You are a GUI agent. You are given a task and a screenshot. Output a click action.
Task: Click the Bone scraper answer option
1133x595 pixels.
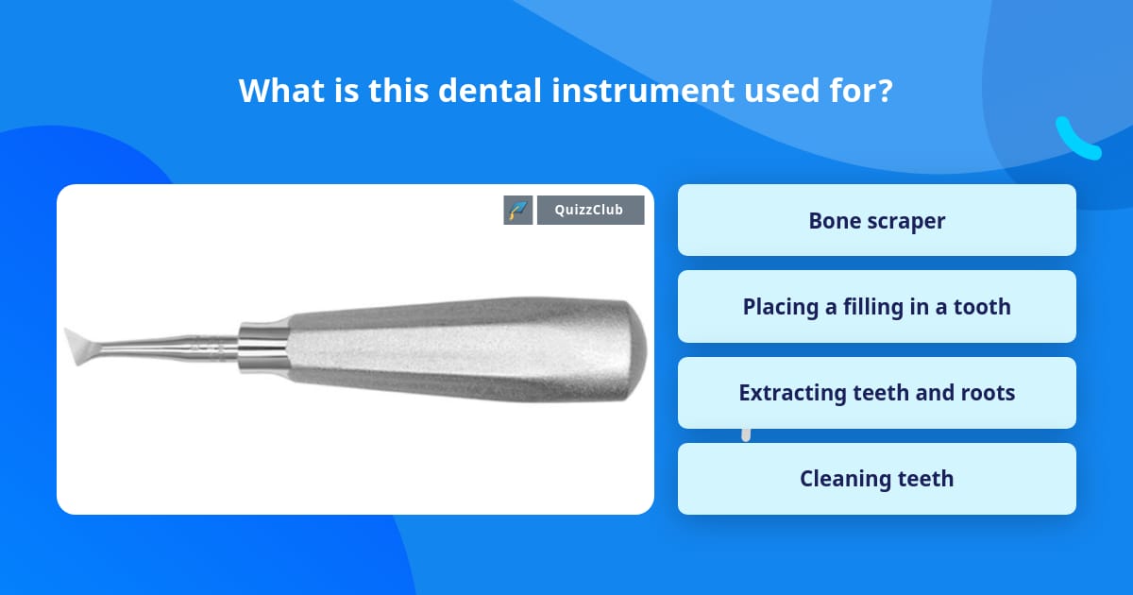[876, 220]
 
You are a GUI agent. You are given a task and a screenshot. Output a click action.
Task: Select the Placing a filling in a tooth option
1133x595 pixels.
[876, 306]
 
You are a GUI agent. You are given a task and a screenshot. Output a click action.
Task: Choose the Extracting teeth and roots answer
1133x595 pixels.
[876, 392]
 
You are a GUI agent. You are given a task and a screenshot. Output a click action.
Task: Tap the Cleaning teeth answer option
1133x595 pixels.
[876, 479]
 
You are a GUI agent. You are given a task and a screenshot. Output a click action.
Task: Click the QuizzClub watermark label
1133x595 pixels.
[590, 210]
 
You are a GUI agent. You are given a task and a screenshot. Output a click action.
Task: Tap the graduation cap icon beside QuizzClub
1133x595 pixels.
[518, 210]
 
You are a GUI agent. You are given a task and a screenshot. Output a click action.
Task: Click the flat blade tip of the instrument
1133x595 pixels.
[79, 346]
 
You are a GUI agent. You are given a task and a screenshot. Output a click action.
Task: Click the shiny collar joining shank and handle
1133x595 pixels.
[261, 348]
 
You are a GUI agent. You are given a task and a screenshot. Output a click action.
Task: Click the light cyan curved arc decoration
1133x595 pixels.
[1076, 140]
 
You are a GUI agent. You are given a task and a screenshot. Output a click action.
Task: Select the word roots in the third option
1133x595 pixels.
[989, 392]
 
